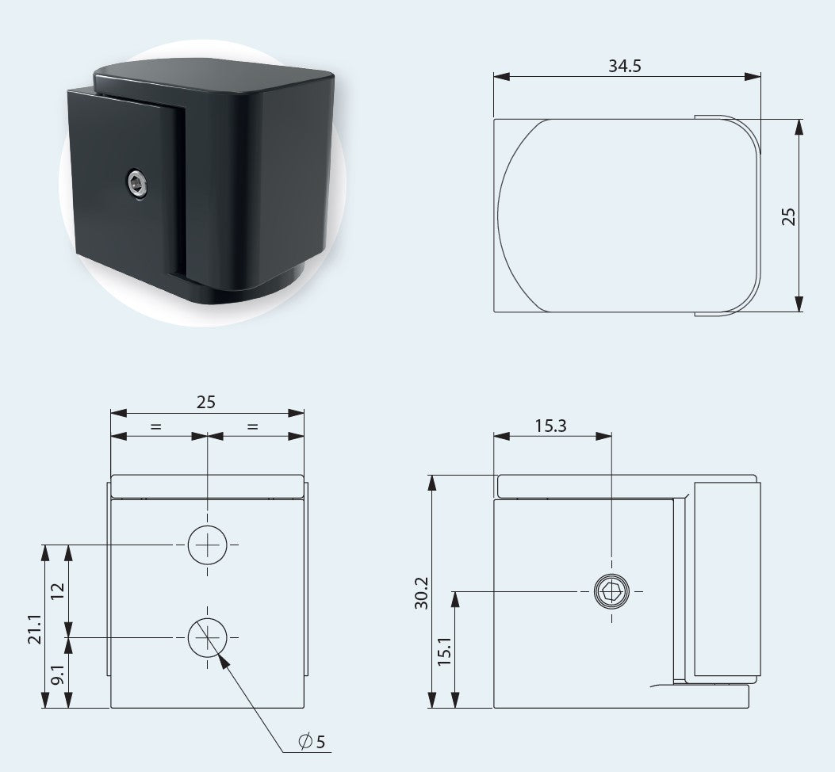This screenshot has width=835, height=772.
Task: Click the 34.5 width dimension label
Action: coord(624,65)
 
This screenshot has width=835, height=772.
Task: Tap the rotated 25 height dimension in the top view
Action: coord(788,216)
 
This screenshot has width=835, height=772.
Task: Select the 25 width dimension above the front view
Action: coord(206,402)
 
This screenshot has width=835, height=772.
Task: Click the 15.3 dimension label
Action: coord(550,426)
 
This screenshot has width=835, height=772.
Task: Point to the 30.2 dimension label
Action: coord(422,592)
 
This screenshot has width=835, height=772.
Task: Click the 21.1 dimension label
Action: coord(34,626)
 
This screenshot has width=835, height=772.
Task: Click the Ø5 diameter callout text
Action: coord(312,742)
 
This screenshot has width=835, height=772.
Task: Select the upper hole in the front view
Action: coord(207,545)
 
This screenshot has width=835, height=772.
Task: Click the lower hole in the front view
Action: coord(207,637)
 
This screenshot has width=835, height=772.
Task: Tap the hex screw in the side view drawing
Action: coord(611,591)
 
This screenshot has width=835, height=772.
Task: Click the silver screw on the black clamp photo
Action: coord(136,185)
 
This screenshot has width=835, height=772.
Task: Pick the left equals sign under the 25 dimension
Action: coord(155,426)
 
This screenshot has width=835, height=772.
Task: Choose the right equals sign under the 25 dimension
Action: coord(253,426)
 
